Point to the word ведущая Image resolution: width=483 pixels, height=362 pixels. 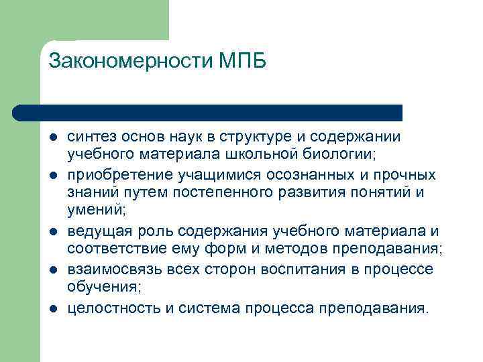click(x=95, y=231)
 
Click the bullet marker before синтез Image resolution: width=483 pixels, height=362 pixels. click(x=52, y=137)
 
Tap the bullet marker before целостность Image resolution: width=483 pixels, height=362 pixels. click(x=52, y=308)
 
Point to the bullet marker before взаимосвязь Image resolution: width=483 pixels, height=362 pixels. click(x=52, y=270)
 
